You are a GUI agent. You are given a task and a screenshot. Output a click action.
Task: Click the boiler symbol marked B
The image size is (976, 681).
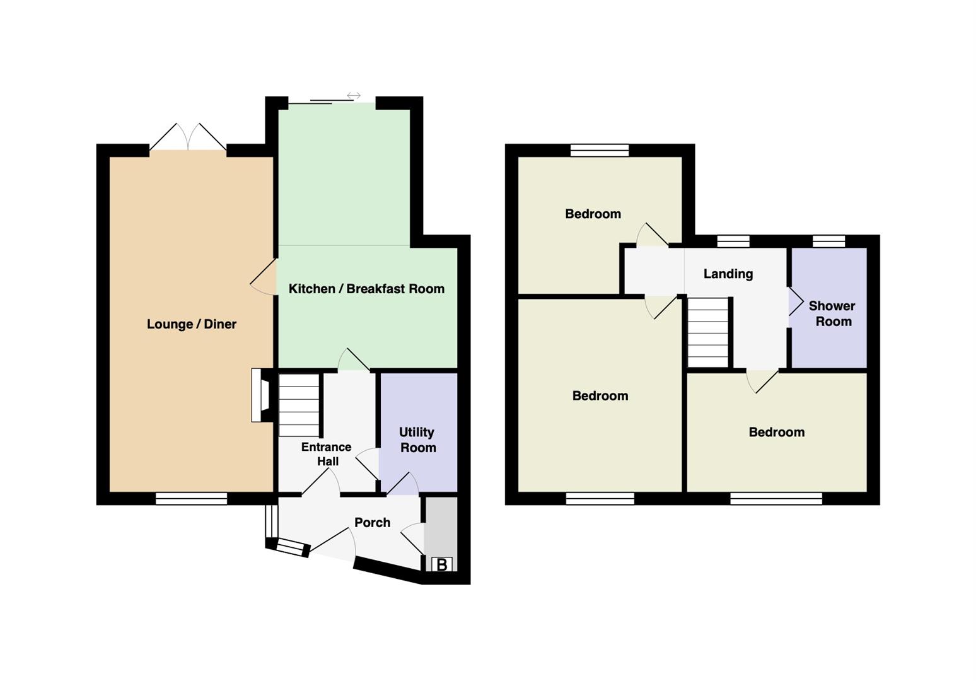click(442, 565)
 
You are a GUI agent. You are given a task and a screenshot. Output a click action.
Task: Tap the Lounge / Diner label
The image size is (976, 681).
click(191, 324)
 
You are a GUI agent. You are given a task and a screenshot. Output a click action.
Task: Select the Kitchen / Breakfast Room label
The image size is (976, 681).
click(366, 289)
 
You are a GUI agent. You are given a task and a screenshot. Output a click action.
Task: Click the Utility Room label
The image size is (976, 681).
click(417, 439)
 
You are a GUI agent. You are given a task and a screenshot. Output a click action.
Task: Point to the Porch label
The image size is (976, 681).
click(372, 522)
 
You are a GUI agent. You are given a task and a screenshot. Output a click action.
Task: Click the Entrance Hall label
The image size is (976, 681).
click(327, 454)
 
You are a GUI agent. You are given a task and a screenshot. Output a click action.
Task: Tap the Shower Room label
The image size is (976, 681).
click(832, 314)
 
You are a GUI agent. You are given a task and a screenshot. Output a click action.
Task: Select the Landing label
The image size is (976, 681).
click(728, 274)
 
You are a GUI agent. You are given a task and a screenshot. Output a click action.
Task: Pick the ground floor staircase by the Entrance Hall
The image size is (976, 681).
click(299, 405)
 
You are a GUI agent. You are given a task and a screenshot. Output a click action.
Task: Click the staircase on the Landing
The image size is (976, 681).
click(708, 332)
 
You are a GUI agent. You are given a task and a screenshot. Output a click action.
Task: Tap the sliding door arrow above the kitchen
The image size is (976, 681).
click(354, 95)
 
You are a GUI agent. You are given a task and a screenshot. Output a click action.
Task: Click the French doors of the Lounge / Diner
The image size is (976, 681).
click(188, 137)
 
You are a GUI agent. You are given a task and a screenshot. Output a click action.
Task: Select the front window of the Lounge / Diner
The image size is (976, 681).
click(191, 498)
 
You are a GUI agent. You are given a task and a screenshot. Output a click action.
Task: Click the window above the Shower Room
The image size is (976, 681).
click(828, 241)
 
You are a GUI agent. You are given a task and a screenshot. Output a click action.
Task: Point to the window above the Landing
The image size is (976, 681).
click(733, 241)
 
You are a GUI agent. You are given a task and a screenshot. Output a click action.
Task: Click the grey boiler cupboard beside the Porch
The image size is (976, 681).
click(441, 527)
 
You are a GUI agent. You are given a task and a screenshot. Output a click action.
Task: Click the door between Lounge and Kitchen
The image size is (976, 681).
click(263, 277)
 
